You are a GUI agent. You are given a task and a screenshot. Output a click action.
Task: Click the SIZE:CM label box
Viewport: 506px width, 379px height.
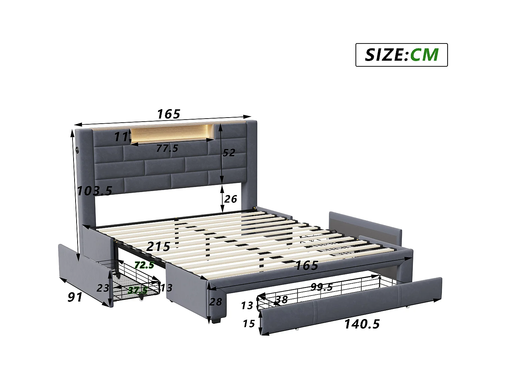pos(401,55)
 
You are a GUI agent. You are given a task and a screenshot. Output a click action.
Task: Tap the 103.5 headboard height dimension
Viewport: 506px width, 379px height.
pos(94,191)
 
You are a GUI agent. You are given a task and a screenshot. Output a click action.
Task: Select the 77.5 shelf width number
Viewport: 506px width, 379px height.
pos(167,148)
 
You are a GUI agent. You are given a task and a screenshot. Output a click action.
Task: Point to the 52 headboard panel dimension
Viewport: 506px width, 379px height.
pos(229,153)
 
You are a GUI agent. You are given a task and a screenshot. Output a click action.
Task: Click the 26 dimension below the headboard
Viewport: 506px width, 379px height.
pos(230,199)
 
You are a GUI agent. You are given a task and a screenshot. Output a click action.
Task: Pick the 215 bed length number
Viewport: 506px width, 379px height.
pos(158,247)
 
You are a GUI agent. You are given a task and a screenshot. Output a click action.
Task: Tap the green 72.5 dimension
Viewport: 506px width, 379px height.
pos(144,265)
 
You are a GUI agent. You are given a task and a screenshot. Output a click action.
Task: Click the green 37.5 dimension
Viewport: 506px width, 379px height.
pos(137,290)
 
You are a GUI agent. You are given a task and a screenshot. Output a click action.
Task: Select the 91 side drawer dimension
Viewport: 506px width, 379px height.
pos(75,297)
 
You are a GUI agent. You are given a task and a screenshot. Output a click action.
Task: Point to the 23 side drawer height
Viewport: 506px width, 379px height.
pos(103,288)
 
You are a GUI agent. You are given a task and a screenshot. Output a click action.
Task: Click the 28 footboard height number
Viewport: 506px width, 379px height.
pos(216,302)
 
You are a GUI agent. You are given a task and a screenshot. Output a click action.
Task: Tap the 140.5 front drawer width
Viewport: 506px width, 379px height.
pos(362,324)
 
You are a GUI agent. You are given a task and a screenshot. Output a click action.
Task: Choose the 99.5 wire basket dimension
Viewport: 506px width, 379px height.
pos(321,287)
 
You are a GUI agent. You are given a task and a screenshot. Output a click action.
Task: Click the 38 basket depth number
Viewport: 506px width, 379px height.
pos(282,299)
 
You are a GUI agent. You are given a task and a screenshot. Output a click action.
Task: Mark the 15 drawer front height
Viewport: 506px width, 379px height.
pos(249,324)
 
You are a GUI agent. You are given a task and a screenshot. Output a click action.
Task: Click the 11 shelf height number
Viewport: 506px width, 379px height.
pos(120,136)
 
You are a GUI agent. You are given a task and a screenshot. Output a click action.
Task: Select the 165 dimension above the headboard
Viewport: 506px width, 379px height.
pos(169,114)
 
